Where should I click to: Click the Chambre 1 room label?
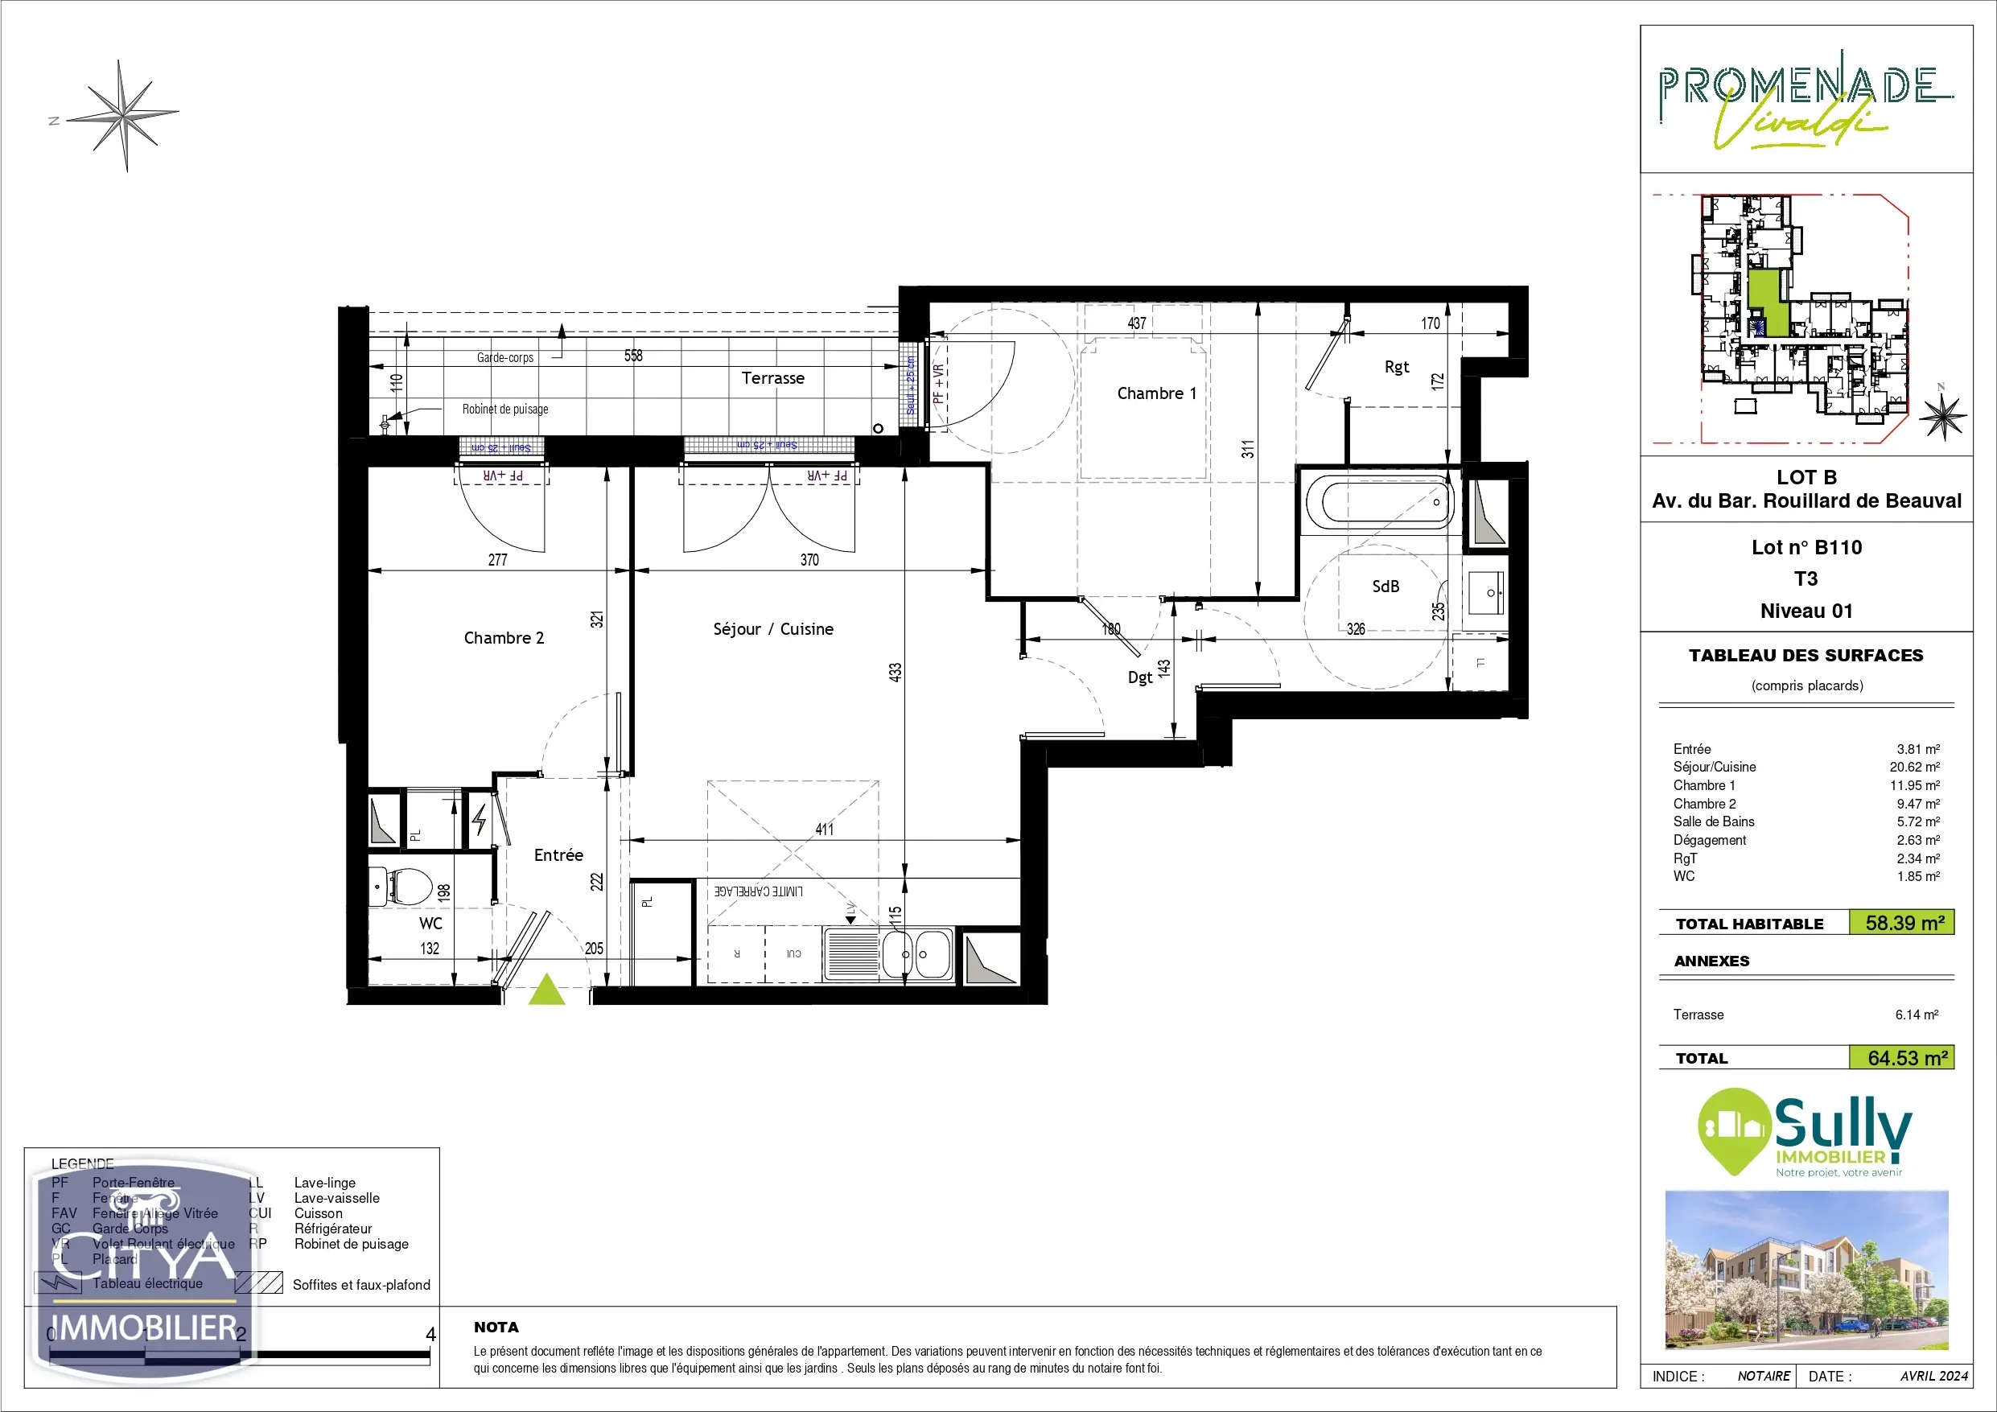click(1156, 393)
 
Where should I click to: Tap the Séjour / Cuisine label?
click(772, 629)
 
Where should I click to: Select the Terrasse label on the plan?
click(772, 377)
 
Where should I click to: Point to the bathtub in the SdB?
click(1379, 502)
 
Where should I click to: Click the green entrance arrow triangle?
click(547, 990)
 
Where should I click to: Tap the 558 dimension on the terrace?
click(633, 355)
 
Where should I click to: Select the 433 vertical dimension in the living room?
click(895, 672)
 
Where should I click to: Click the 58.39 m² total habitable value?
click(1904, 923)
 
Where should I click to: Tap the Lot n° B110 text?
click(1806, 547)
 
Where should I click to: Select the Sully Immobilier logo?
click(1806, 1133)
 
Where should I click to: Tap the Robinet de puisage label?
click(504, 409)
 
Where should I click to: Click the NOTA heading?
click(496, 1327)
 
